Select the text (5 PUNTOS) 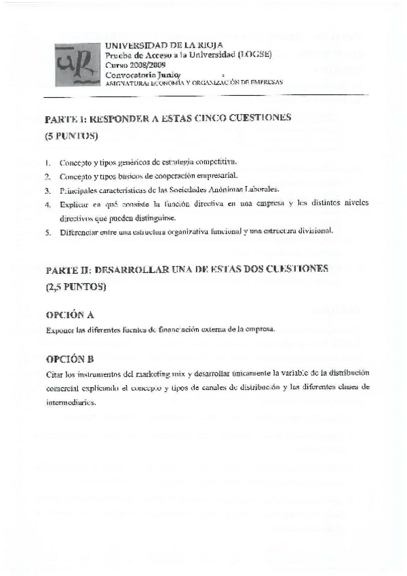(71, 136)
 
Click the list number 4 (48, 203)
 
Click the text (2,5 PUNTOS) (76, 287)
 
